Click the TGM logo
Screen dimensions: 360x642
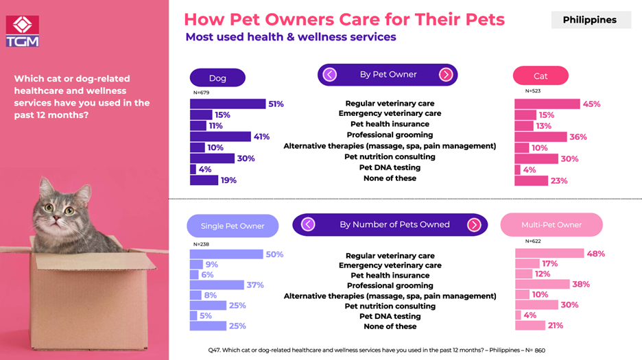click(22, 31)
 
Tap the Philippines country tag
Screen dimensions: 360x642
click(589, 20)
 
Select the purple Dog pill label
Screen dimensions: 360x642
click(217, 78)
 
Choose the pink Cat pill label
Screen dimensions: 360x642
click(540, 76)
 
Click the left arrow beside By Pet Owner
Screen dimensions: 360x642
click(330, 74)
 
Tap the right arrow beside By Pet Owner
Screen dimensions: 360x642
click(446, 74)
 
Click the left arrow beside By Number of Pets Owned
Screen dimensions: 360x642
click(308, 224)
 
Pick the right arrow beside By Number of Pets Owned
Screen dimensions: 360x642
click(474, 224)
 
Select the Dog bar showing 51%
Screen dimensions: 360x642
click(227, 104)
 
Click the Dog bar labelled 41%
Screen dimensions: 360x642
click(220, 136)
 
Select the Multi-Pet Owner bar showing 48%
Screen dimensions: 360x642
click(549, 254)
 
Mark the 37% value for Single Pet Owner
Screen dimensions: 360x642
click(254, 285)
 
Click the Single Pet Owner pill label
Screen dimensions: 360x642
click(233, 226)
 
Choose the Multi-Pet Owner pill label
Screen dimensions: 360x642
click(551, 225)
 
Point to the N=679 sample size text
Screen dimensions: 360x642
click(200, 93)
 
